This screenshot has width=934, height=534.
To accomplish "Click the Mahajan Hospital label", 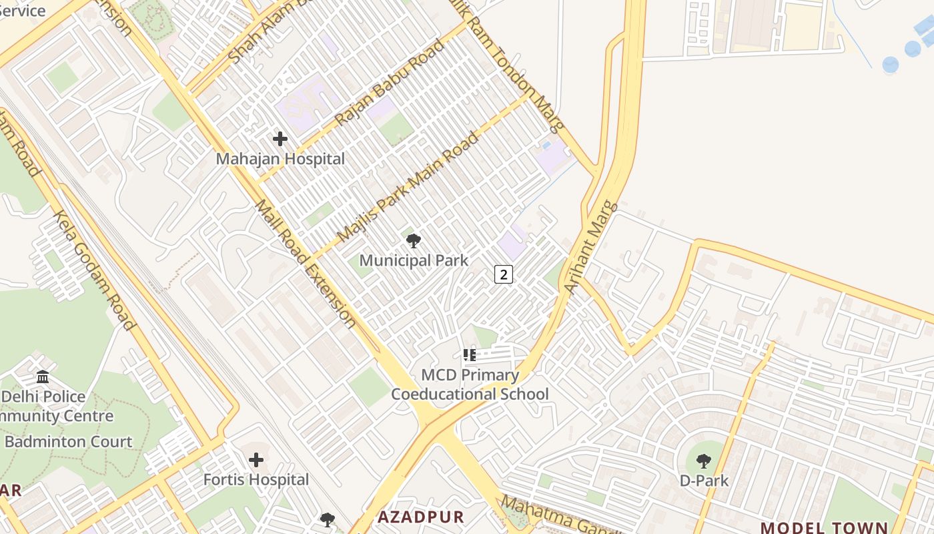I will click(x=280, y=159).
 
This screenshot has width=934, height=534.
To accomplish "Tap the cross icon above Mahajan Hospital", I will click(x=280, y=139).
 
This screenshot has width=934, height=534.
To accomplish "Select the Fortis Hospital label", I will click(x=256, y=479).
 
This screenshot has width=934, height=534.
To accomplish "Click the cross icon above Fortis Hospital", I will click(x=256, y=460).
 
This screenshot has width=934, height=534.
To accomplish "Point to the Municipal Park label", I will click(x=414, y=260).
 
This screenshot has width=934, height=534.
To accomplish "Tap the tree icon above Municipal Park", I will click(x=414, y=241).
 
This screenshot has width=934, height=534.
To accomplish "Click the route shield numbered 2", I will click(x=504, y=273).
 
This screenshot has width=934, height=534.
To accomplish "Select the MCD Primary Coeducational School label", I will click(x=470, y=384).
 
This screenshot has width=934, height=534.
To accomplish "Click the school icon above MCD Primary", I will click(x=470, y=355).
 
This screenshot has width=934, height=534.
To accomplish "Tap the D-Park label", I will click(x=704, y=480).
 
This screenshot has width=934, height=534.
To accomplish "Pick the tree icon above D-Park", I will click(x=704, y=461).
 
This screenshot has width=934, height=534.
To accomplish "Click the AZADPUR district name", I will click(x=420, y=517).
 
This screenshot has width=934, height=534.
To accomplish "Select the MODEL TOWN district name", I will click(x=824, y=527).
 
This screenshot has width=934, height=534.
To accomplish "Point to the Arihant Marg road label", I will click(x=591, y=247).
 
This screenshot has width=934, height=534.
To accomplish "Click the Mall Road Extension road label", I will click(x=306, y=264).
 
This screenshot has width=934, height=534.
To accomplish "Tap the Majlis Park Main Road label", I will click(x=408, y=187).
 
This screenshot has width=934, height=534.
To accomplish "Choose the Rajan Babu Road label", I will click(x=389, y=83).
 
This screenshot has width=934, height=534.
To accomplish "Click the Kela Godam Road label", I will click(x=94, y=270).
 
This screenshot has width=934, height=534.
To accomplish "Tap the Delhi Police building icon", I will click(x=43, y=377).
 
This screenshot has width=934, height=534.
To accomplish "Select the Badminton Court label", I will click(x=69, y=442).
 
